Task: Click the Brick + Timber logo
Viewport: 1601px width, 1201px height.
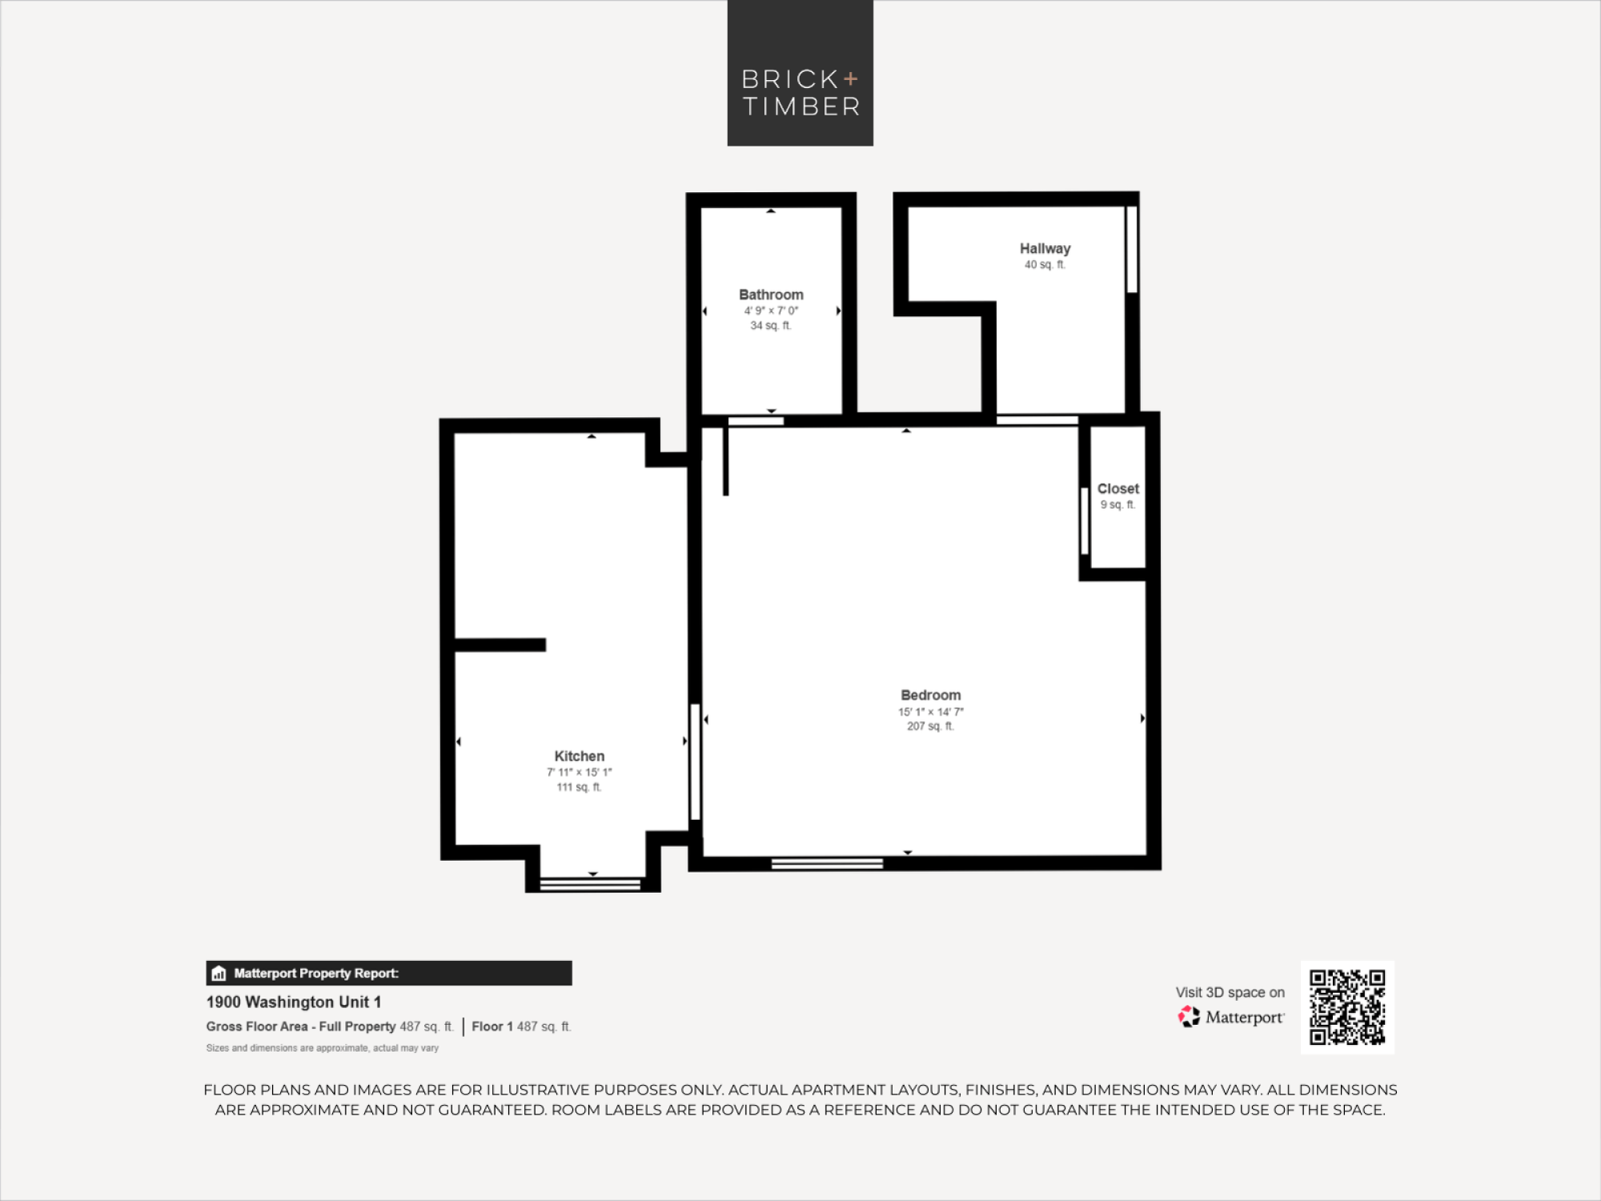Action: [800, 73]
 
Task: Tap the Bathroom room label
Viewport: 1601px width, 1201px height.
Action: [771, 295]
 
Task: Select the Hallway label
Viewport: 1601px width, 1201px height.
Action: [1045, 248]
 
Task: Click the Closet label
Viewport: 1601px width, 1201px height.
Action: [1117, 488]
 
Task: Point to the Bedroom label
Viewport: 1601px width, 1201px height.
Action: [930, 695]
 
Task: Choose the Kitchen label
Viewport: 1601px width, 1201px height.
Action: [579, 756]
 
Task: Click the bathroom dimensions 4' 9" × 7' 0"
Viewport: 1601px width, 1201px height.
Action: [771, 311]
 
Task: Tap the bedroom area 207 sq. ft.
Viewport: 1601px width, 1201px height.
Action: [930, 726]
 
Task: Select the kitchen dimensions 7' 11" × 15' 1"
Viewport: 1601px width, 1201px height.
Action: [579, 772]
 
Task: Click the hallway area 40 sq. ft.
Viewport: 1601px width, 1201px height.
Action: [1045, 264]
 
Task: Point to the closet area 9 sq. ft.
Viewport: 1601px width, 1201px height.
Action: [1117, 504]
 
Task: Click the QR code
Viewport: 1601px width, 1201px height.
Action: [1347, 1007]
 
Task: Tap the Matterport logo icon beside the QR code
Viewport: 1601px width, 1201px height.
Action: [1189, 1017]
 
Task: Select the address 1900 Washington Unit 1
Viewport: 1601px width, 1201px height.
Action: [294, 1002]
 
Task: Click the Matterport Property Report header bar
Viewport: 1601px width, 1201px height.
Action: [389, 973]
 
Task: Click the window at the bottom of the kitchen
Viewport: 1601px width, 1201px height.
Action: [591, 885]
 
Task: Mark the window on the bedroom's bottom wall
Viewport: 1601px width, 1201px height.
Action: [827, 863]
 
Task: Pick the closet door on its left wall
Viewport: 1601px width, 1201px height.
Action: [1085, 520]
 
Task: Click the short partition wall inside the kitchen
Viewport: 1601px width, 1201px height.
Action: [500, 645]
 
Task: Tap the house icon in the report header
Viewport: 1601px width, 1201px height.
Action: [219, 974]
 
